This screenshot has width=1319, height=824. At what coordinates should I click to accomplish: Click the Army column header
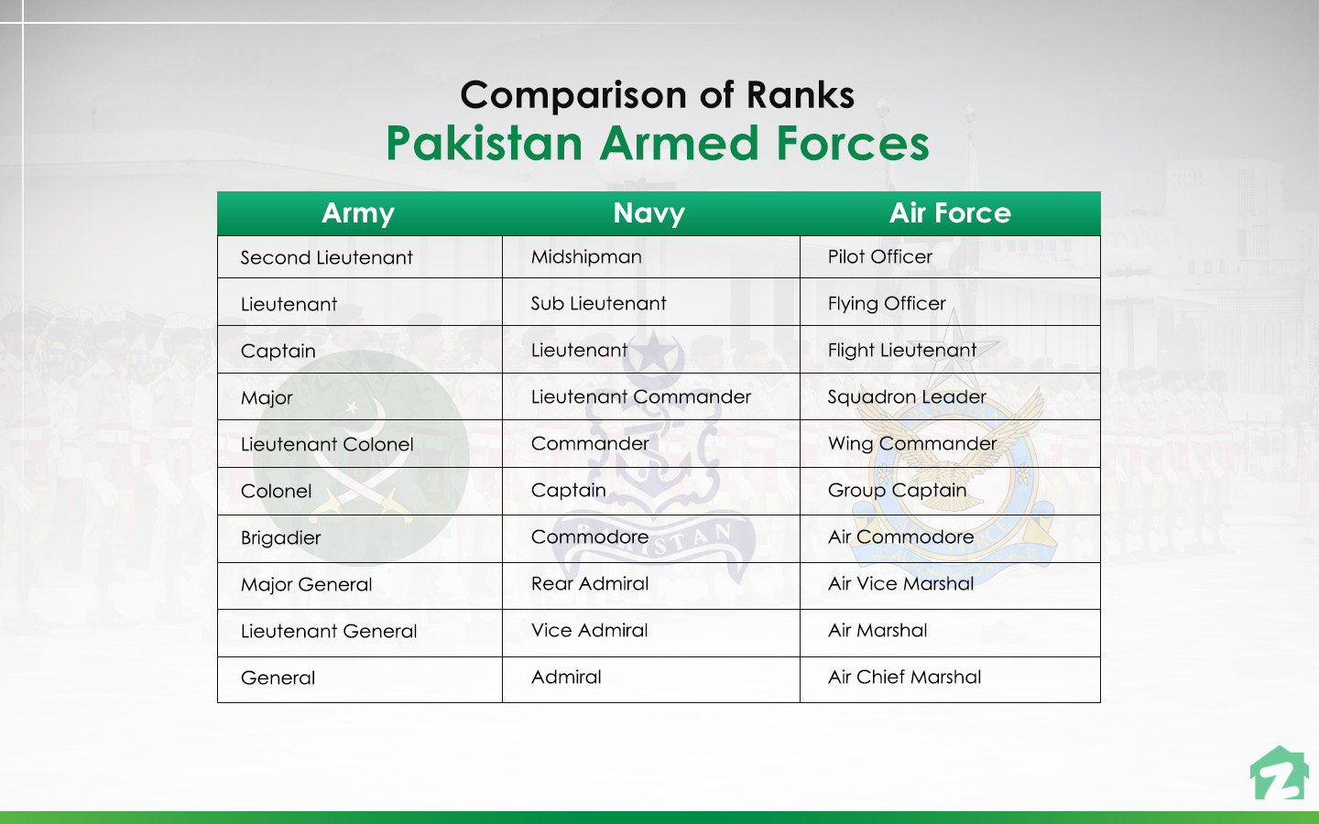click(x=358, y=213)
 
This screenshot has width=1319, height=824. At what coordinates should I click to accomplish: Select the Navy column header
click(x=649, y=213)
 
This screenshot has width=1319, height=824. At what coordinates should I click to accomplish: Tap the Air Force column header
click(x=950, y=213)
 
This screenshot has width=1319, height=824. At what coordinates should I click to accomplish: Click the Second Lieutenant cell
click(x=327, y=258)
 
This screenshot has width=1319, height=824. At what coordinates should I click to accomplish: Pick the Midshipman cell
click(x=586, y=257)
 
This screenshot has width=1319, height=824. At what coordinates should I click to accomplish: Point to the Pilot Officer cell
click(x=880, y=257)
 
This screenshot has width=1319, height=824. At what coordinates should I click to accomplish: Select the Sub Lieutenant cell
click(x=599, y=304)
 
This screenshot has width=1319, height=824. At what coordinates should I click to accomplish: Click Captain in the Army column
click(x=278, y=352)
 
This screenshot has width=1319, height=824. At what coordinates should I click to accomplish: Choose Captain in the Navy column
click(x=569, y=491)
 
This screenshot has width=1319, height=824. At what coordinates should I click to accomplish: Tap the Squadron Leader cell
click(x=907, y=397)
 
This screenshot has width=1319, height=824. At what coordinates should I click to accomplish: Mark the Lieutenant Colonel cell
click(x=327, y=445)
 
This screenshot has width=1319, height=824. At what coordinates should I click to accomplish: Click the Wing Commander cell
click(x=912, y=444)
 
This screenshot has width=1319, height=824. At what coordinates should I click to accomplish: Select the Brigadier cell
click(x=281, y=538)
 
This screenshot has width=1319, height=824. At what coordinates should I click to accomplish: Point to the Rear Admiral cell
click(x=590, y=584)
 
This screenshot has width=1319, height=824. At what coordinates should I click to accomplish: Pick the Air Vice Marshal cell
click(x=901, y=584)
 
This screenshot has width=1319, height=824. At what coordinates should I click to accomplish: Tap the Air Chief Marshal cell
click(x=904, y=678)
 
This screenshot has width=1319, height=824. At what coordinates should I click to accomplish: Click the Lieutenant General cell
click(x=329, y=632)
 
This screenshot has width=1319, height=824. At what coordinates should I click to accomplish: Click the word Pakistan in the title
click(x=484, y=144)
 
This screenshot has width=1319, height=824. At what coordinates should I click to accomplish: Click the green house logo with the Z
click(x=1280, y=774)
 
